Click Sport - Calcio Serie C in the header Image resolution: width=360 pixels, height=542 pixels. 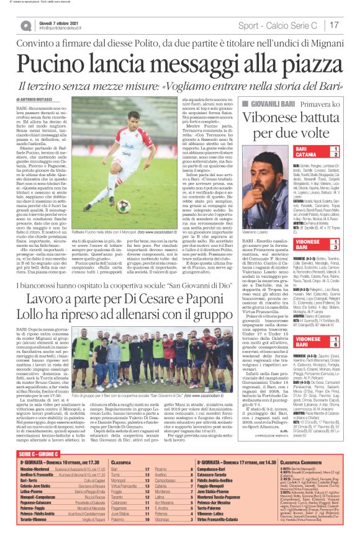[x=281, y=25]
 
